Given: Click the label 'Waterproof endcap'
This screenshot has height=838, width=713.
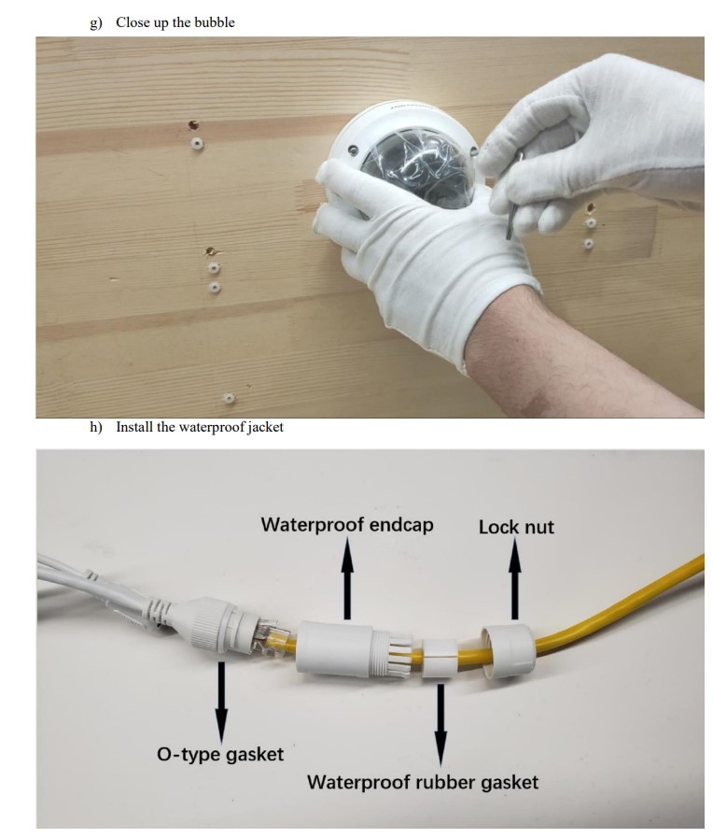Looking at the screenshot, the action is point(347,525).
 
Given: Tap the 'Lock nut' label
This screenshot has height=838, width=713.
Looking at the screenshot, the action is point(516,527).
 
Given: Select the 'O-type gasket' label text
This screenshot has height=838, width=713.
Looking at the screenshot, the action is point(220,754).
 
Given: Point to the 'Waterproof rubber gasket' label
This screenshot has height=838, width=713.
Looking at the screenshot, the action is point(422,783).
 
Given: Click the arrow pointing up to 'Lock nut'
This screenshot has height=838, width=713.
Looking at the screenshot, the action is point(514,579).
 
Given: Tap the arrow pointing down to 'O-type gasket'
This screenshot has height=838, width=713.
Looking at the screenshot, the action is point(221,703).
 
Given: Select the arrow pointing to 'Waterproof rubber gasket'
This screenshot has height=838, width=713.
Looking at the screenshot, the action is point(440,725).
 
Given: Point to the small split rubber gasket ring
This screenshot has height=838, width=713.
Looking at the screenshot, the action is point(440,658).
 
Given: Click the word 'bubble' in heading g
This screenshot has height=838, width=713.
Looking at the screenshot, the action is point(215,22).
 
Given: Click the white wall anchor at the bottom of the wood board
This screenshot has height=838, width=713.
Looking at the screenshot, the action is point(229,398).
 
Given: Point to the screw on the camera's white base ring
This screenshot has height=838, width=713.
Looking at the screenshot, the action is point(352,150).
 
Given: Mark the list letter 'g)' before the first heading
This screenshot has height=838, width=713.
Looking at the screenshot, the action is point(95,23).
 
